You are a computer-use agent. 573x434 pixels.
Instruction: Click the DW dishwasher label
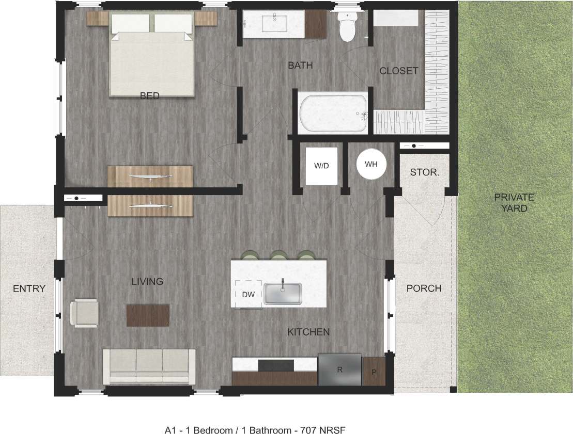tap(249, 294)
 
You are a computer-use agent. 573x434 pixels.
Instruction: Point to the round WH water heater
tap(371, 164)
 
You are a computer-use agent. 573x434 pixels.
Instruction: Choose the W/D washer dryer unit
tap(321, 166)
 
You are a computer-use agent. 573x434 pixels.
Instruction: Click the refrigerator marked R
tap(339, 369)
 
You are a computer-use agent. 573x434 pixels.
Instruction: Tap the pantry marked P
tap(374, 371)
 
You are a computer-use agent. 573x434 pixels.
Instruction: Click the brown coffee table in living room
tap(148, 314)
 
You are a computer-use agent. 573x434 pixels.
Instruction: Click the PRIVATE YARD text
tap(514, 203)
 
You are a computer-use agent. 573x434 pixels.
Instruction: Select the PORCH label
tap(424, 288)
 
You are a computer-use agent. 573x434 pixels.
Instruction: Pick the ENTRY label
tap(29, 288)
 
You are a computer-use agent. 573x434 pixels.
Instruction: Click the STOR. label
tap(424, 172)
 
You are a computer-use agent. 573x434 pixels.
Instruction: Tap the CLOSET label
tap(398, 71)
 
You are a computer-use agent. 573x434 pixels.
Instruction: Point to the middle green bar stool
tap(279, 255)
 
